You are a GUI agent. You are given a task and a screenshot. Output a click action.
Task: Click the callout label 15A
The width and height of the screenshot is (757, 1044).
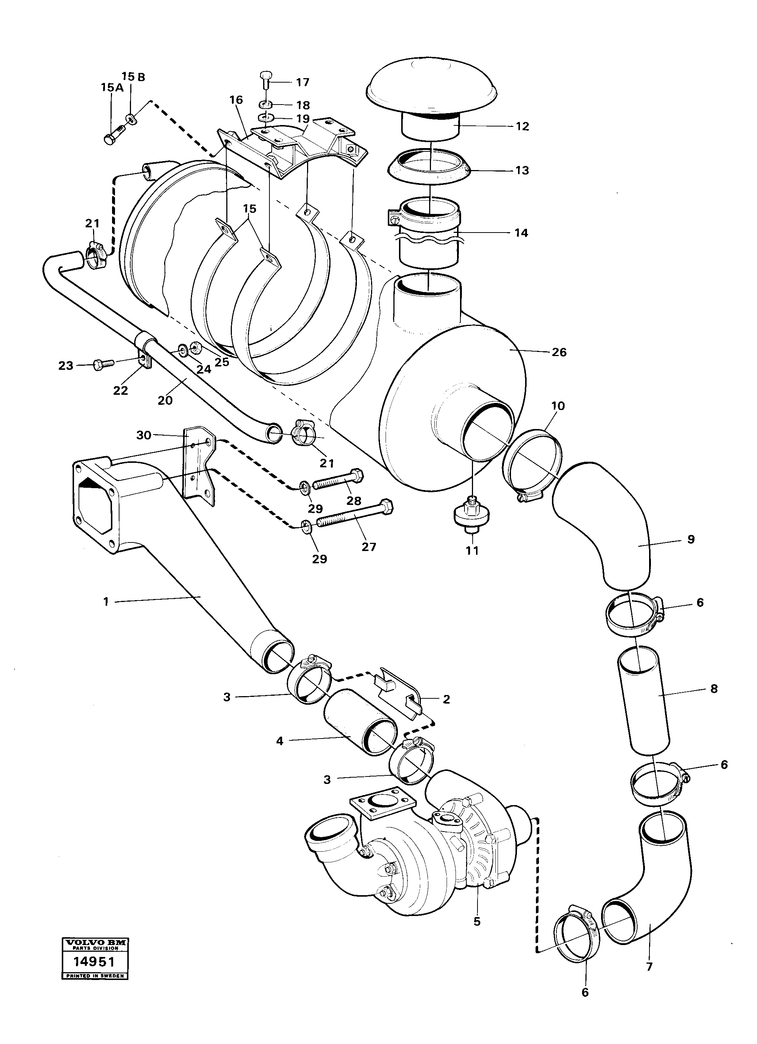coord(112,88)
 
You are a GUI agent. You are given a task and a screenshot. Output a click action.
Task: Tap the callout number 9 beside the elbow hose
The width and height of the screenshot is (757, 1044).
coord(691,539)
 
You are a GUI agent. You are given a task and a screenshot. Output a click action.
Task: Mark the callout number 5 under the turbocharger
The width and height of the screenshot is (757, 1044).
coord(477,922)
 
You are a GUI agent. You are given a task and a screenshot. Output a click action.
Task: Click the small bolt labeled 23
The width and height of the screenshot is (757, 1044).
coord(104,365)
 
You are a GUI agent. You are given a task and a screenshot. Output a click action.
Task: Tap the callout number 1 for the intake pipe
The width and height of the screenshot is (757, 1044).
coord(106,601)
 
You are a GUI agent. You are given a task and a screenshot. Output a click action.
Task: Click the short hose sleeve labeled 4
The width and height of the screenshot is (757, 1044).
coord(359,730)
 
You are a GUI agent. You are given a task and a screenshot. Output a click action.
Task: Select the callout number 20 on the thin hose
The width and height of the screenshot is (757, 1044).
coord(165,400)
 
